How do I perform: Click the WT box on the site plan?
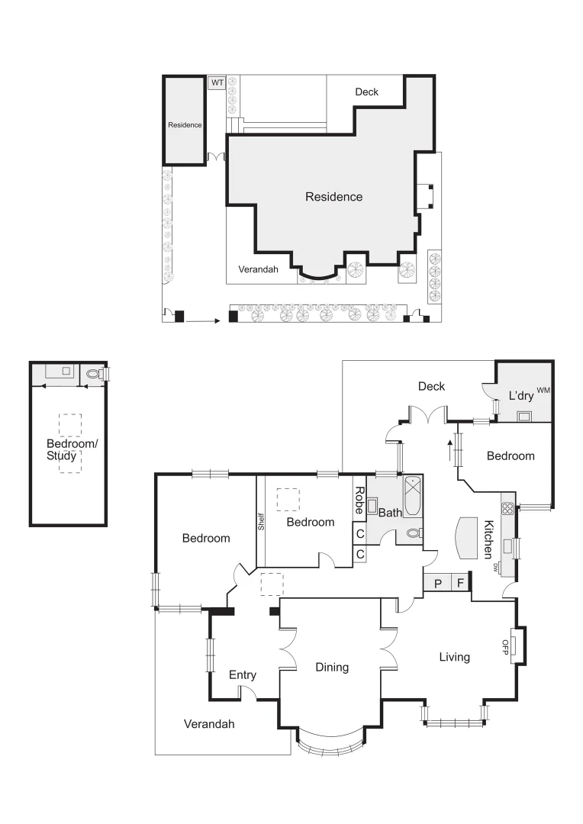(x=217, y=82)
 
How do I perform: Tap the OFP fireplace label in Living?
(x=505, y=645)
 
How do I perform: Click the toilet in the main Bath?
(x=413, y=533)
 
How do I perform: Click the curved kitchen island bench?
(x=465, y=538)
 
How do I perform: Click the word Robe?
(x=359, y=500)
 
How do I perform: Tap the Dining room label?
(x=332, y=668)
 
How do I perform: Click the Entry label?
(x=243, y=675)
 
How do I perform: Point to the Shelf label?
(x=261, y=522)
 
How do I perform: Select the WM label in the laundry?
(x=543, y=391)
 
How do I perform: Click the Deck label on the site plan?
(x=366, y=92)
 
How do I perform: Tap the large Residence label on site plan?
(x=333, y=197)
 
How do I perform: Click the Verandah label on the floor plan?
(x=208, y=724)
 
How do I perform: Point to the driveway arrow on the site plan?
(x=202, y=321)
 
